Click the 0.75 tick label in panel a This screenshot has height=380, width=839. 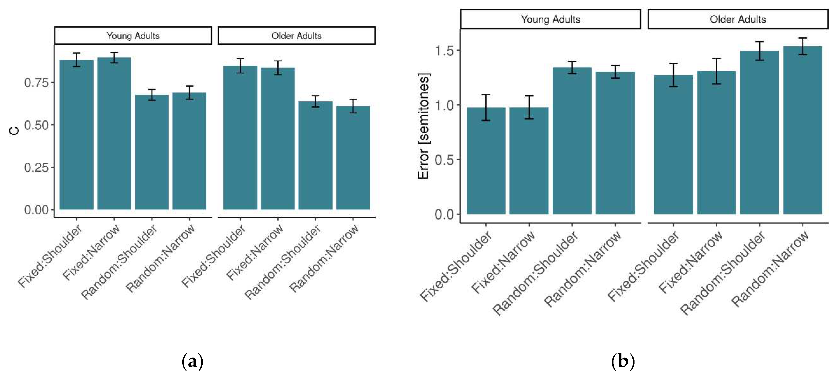(x=36, y=83)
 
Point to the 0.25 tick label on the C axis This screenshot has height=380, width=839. (x=36, y=168)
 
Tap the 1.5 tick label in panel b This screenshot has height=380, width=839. (x=445, y=51)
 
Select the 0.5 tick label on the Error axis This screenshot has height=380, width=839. (x=445, y=160)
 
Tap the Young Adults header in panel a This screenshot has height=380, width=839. (x=133, y=36)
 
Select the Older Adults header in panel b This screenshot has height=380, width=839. (x=738, y=19)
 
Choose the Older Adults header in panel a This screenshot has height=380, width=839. (x=296, y=36)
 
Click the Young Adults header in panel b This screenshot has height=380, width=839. (x=550, y=19)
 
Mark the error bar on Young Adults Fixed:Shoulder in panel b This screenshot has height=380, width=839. (x=486, y=108)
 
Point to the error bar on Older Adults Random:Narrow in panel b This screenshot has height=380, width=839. (x=803, y=46)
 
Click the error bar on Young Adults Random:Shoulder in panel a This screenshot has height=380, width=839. (x=152, y=95)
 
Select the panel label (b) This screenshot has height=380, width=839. (x=623, y=362)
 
